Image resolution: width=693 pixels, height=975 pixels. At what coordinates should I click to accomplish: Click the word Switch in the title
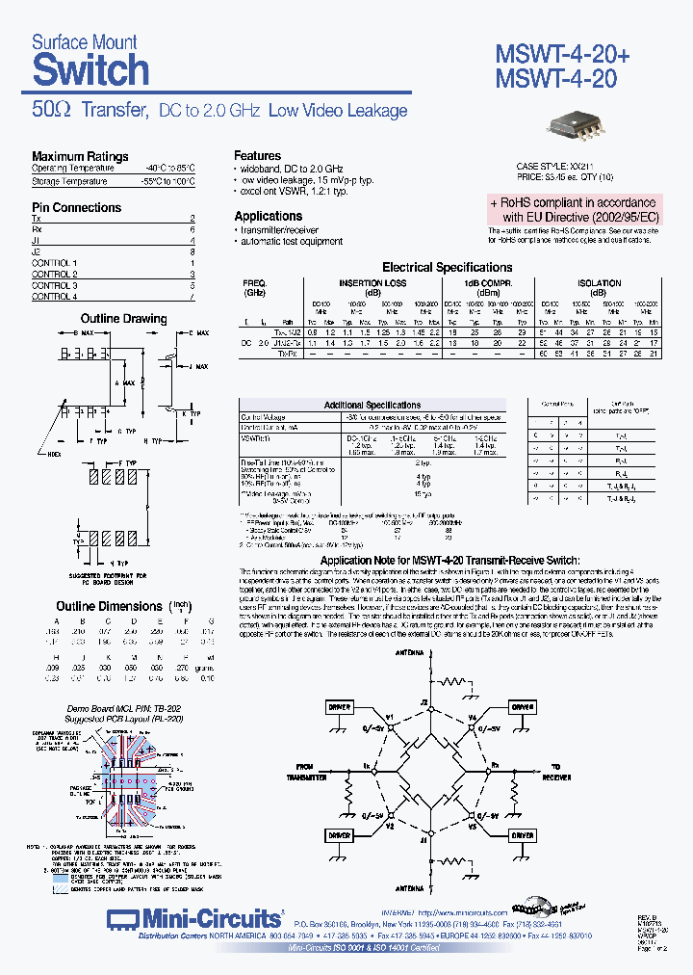pos(90,70)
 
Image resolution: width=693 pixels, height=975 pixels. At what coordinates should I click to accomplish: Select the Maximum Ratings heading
pos(80,156)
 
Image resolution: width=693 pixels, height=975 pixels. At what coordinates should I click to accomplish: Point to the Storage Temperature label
pos(69,180)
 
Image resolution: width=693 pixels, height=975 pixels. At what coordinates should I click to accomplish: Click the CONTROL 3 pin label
pos(55,286)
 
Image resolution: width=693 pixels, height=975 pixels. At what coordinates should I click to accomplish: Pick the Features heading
pos(258,155)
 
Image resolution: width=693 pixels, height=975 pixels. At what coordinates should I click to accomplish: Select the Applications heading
pos(269,216)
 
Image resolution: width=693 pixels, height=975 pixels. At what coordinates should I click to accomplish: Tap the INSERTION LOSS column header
pos(372,283)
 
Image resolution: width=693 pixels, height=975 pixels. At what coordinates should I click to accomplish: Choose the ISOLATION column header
pos(599,283)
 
